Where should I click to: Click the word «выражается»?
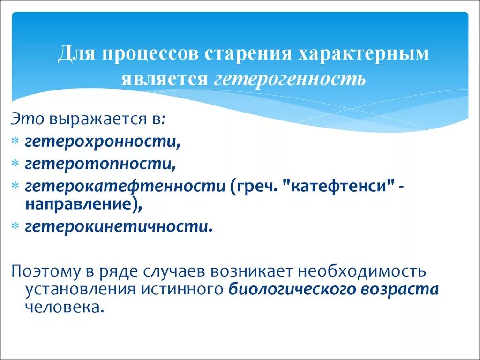pyautogui.click(x=98, y=119)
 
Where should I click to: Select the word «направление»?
pyautogui.click(x=80, y=204)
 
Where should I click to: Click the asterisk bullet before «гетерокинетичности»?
pyautogui.click(x=15, y=227)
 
